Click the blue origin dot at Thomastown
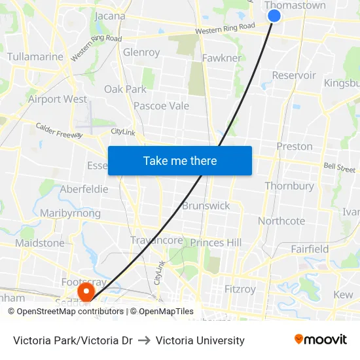coord(274,16)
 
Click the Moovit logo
coord(320,340)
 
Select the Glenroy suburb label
coord(141,52)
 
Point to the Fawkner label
coord(221,58)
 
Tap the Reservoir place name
coord(294,75)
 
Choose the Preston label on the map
coord(295,146)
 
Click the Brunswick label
coord(206,206)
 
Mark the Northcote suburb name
coord(281,221)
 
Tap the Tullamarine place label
coord(35,57)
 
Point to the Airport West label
coord(58,99)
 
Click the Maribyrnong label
coord(70,213)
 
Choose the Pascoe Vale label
coord(161,106)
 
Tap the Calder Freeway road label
coord(59,130)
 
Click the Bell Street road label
coord(339,168)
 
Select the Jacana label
coord(110,16)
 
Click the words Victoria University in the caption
coord(200,340)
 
